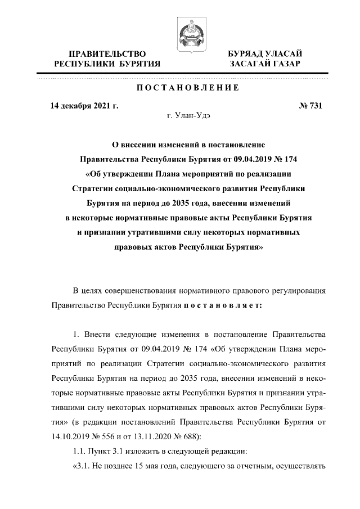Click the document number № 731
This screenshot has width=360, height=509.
click(308, 105)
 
